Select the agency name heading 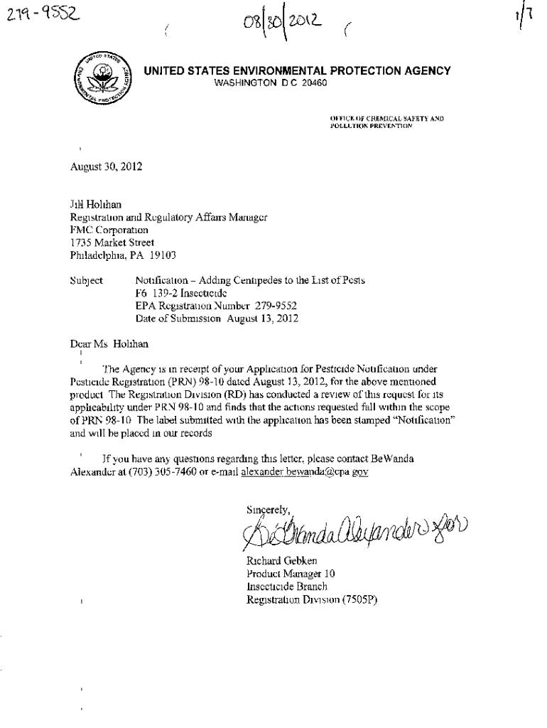[297, 70]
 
